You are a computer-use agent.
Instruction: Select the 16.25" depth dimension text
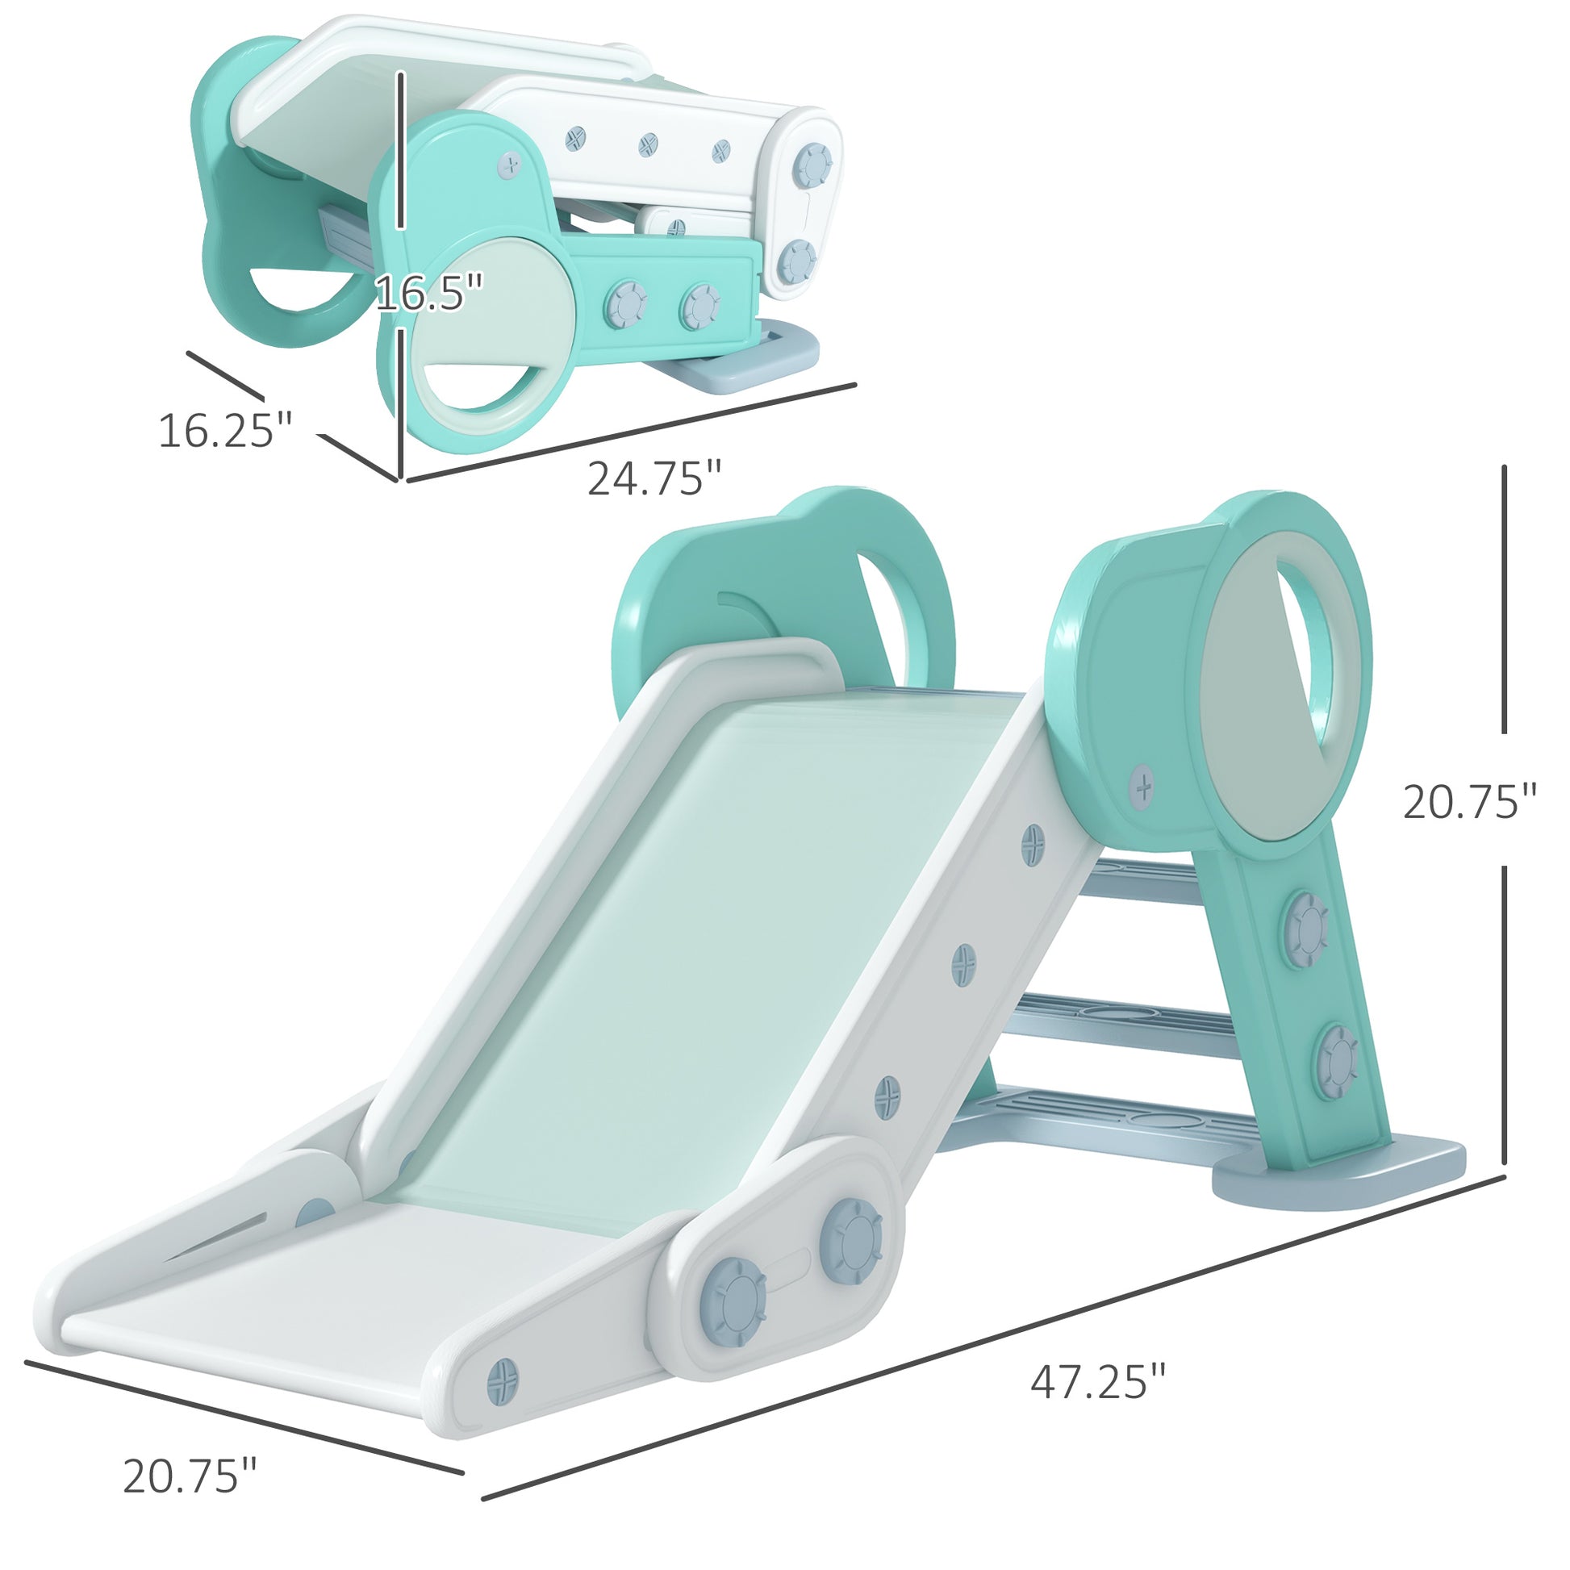pos(224,430)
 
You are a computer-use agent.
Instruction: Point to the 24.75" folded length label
pos(654,478)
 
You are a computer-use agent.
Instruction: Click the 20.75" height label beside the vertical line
pos(1469,802)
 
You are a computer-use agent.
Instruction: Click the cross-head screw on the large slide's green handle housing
pos(1142,786)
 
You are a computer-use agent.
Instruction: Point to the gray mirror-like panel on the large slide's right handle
pos(1251,715)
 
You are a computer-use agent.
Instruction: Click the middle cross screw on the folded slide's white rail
pos(647,145)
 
